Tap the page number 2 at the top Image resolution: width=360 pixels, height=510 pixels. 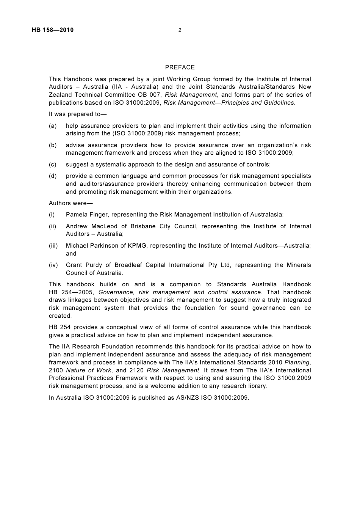coord(180,30)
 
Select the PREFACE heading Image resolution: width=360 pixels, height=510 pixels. coord(180,67)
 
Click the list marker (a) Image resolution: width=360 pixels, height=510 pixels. coord(53,126)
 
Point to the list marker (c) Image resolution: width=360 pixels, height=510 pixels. coord(53,165)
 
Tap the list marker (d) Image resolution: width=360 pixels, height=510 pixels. coord(53,176)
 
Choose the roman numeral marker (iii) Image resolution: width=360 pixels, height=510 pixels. coord(53,246)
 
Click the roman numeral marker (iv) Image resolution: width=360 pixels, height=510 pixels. coord(53,265)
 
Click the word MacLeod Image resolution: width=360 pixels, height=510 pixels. coord(104,226)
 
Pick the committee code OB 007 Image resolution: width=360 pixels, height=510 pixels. coord(149,95)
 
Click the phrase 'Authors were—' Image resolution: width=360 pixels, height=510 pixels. coord(68,203)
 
